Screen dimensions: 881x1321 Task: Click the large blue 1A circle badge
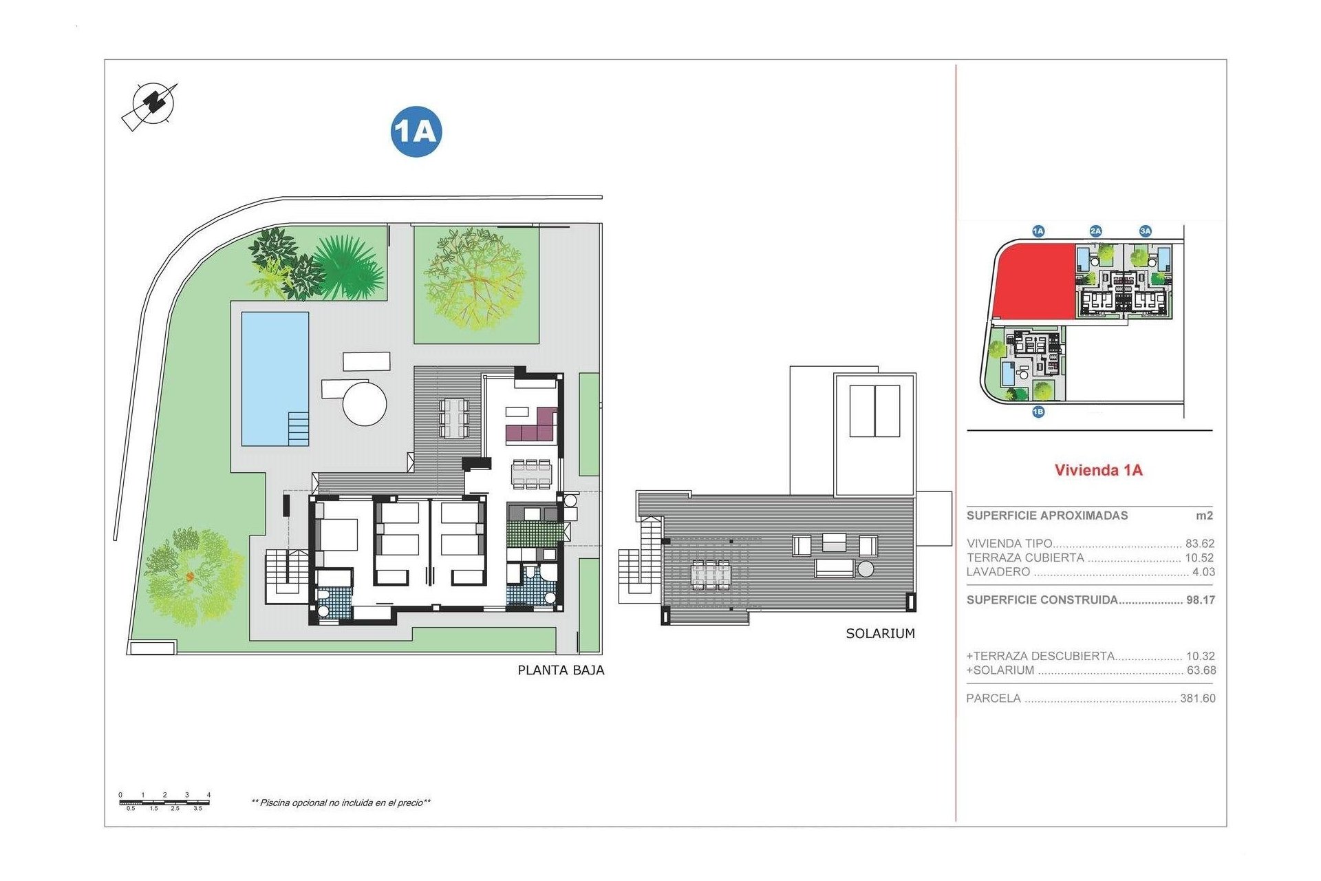click(x=416, y=131)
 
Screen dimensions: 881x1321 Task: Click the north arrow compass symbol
click(x=152, y=105)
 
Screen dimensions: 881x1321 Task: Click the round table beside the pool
click(x=365, y=403)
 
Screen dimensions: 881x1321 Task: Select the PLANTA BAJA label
click(x=561, y=670)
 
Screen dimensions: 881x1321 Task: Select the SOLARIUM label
click(x=880, y=634)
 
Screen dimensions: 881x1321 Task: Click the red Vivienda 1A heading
click(x=1098, y=470)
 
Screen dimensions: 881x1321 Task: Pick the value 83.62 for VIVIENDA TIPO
click(x=1199, y=544)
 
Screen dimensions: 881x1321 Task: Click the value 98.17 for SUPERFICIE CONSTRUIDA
click(x=1200, y=600)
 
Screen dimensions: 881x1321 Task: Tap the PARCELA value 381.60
click(x=1197, y=699)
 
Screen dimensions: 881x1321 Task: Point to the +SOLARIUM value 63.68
click(x=1201, y=670)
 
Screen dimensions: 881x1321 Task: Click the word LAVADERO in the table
click(x=998, y=572)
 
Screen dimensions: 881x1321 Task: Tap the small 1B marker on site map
click(x=1038, y=412)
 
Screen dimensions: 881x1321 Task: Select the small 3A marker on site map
click(x=1145, y=231)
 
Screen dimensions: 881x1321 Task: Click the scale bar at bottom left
click(x=164, y=803)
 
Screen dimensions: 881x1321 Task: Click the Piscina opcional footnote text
click(x=341, y=803)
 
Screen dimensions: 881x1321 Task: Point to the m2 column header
click(x=1204, y=516)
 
